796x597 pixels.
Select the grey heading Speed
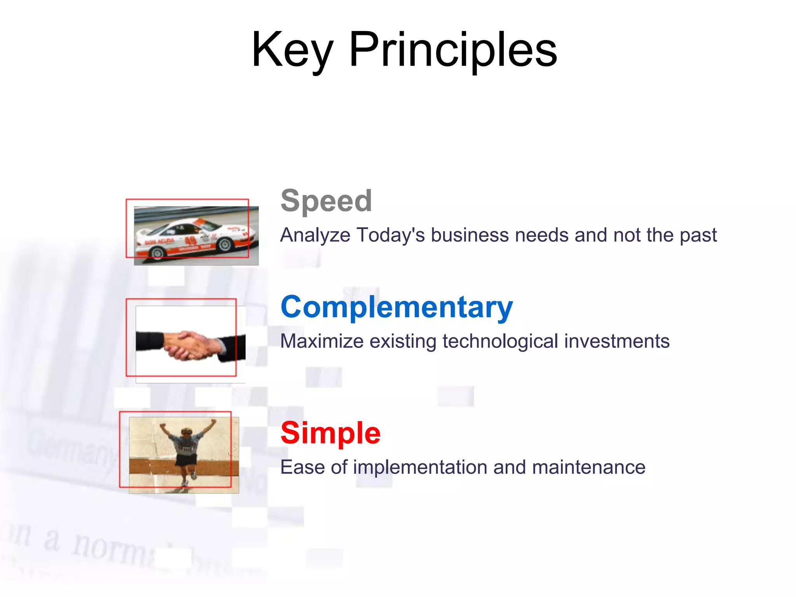coord(326,201)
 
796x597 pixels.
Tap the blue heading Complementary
coord(396,307)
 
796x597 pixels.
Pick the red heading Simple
coord(330,433)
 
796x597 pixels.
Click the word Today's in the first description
coord(391,235)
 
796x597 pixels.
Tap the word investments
coord(617,341)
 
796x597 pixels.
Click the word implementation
coord(420,467)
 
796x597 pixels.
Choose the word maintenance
coord(588,467)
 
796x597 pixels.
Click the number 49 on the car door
coord(190,241)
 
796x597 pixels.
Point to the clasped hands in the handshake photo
coord(190,344)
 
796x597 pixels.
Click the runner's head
coord(187,432)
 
